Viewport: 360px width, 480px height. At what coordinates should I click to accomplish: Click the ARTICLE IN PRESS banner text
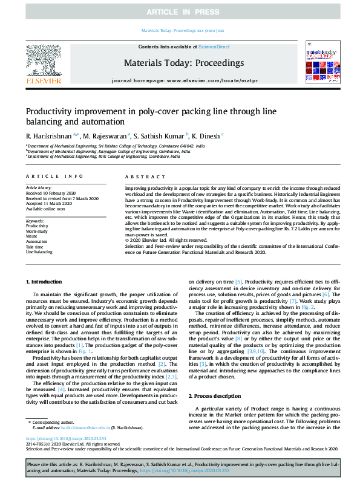click(180, 12)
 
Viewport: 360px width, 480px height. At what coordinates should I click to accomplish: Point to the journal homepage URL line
click(179, 80)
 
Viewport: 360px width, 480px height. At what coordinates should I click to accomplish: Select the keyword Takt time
click(34, 247)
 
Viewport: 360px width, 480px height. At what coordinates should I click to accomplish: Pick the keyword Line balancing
click(39, 252)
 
